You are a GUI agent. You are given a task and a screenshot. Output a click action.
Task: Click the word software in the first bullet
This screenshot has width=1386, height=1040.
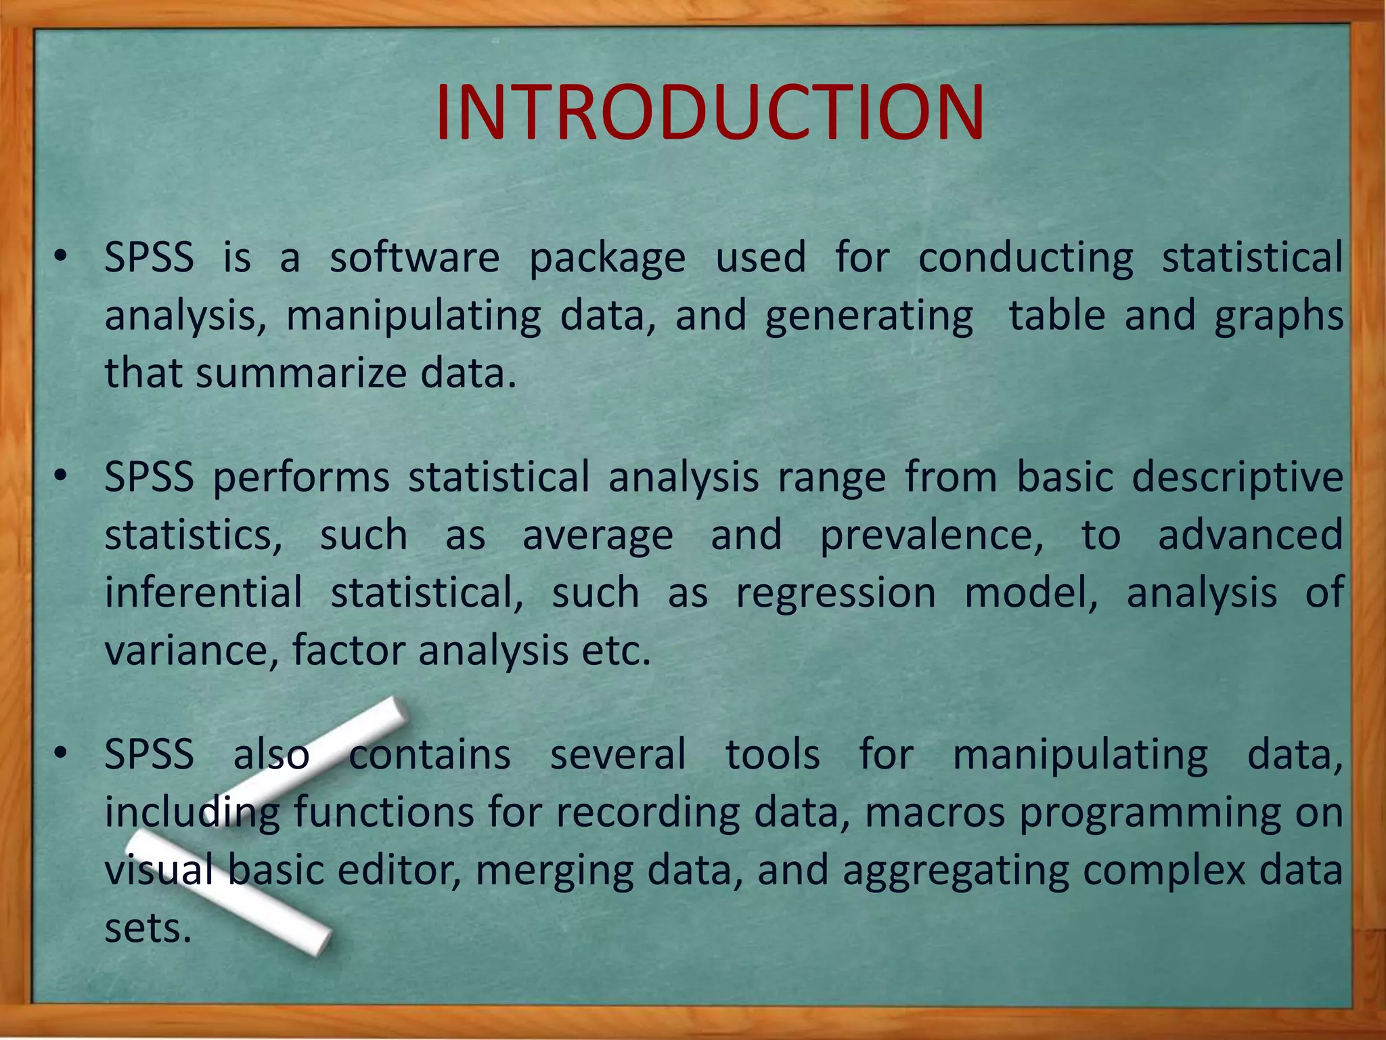tap(414, 258)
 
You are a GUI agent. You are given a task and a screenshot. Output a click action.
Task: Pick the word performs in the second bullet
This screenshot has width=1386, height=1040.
tap(300, 478)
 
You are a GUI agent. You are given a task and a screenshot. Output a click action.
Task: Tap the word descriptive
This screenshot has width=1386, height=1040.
tap(1237, 478)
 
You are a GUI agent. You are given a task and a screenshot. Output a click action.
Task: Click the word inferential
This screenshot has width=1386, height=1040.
tap(203, 593)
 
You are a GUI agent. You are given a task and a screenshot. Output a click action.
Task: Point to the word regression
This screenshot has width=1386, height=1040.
tap(836, 593)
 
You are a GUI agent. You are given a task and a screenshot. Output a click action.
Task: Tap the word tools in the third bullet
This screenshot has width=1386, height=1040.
tap(772, 755)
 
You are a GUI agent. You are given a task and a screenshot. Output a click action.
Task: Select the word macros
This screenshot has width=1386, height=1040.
tap(935, 813)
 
